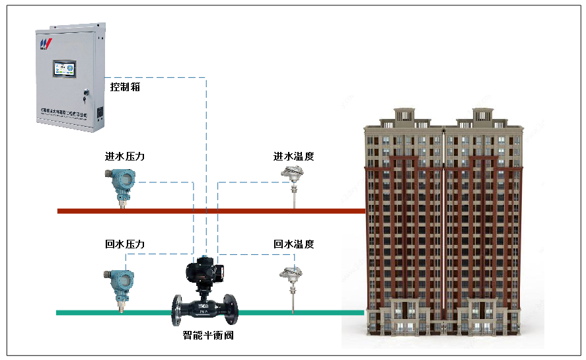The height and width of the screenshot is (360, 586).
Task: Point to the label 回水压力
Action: click(x=125, y=244)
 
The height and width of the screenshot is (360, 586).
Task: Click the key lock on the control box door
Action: click(x=84, y=90)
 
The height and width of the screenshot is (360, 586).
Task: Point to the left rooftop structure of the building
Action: click(x=405, y=117)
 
